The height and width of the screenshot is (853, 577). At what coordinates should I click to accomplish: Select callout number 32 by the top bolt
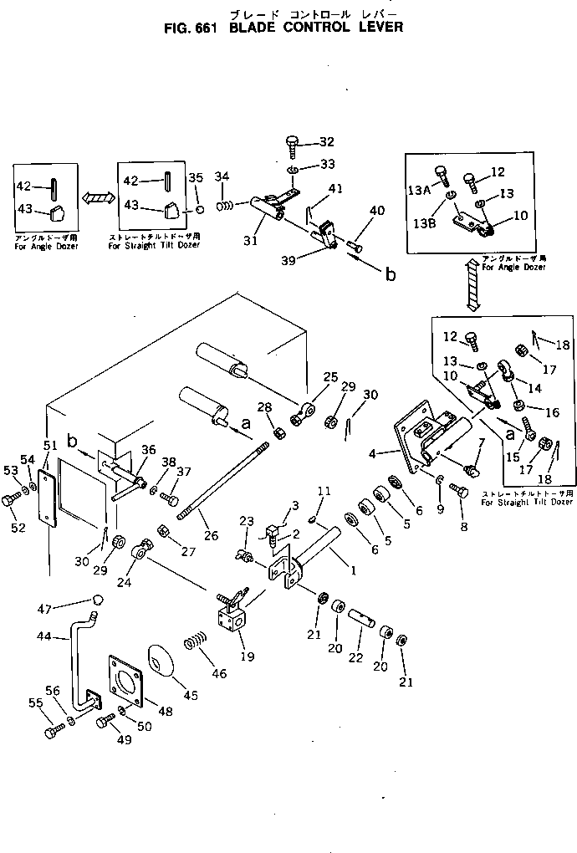[326, 141]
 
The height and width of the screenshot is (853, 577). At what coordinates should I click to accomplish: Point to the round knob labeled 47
[98, 600]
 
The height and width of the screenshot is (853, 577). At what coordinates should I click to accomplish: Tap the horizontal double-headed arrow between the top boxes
[98, 198]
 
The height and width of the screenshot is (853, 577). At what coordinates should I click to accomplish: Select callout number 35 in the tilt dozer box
[197, 177]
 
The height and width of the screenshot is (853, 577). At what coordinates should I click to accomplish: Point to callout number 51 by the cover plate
[49, 444]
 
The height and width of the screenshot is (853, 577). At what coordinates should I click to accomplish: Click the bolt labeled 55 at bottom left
[52, 733]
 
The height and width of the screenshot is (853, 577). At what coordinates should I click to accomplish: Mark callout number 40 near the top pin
[377, 211]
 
